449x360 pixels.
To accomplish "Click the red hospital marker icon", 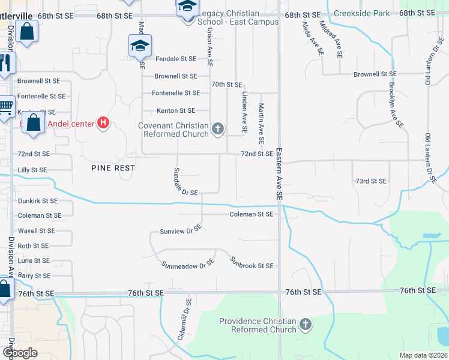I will click(x=103, y=124).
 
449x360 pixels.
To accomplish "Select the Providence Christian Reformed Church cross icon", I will click(x=306, y=325).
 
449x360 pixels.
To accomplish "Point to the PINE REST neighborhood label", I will click(x=113, y=168).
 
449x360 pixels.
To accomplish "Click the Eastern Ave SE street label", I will click(x=279, y=173).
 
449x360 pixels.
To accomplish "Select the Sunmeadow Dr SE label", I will click(x=188, y=265).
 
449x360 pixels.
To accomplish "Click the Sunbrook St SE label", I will click(x=252, y=262).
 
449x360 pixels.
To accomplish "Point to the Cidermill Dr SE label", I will click(x=184, y=322).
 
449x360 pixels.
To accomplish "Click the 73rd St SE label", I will click(x=372, y=181).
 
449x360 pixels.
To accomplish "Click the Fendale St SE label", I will click(x=176, y=59).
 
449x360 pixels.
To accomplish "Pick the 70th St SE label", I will click(x=226, y=85).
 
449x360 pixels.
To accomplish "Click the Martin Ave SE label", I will click(x=261, y=123).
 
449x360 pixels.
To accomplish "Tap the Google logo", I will click(x=20, y=353).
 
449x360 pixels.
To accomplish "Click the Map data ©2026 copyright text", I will click(x=423, y=355).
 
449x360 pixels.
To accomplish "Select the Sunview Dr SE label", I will click(x=180, y=230).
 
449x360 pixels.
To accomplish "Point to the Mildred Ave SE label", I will click(x=331, y=40).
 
